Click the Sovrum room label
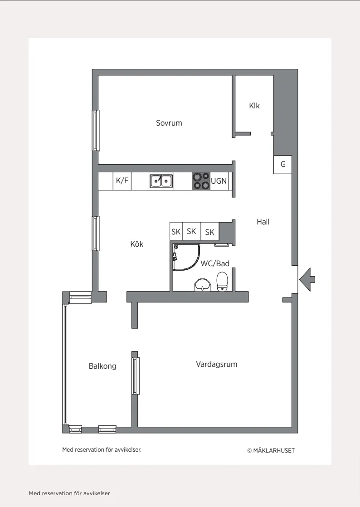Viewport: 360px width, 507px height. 169,123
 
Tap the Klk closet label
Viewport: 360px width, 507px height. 254,106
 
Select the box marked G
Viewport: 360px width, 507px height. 283,165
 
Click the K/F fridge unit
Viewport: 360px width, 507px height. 122,181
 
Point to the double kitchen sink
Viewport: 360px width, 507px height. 161,181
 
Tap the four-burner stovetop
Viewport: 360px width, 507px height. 201,181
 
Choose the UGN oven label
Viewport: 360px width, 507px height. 219,181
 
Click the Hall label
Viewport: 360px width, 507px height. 263,222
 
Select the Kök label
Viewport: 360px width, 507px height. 136,244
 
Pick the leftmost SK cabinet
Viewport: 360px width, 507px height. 176,231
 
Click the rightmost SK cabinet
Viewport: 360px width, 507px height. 210,231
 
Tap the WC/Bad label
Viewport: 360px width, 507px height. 215,263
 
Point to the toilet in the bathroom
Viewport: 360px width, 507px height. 222,282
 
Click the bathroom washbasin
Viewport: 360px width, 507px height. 202,285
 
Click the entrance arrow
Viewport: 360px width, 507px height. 306,279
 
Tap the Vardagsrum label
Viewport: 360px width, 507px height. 217,365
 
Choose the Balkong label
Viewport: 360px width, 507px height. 102,366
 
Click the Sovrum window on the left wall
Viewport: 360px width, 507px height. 96,130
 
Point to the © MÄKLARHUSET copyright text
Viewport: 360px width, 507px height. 271,450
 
